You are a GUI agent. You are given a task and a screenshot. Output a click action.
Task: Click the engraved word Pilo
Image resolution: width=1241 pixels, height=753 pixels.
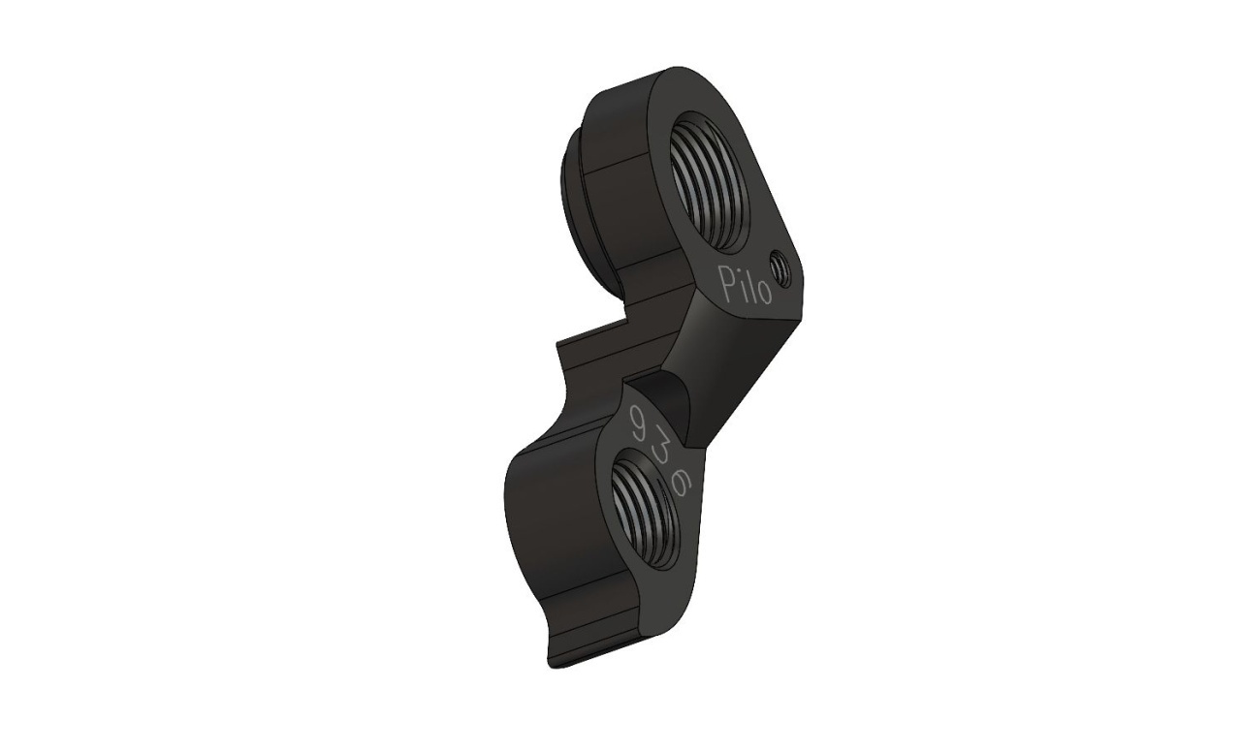click(x=744, y=284)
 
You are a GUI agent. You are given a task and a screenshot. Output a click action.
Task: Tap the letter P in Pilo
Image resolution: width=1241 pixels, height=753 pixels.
click(x=725, y=278)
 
